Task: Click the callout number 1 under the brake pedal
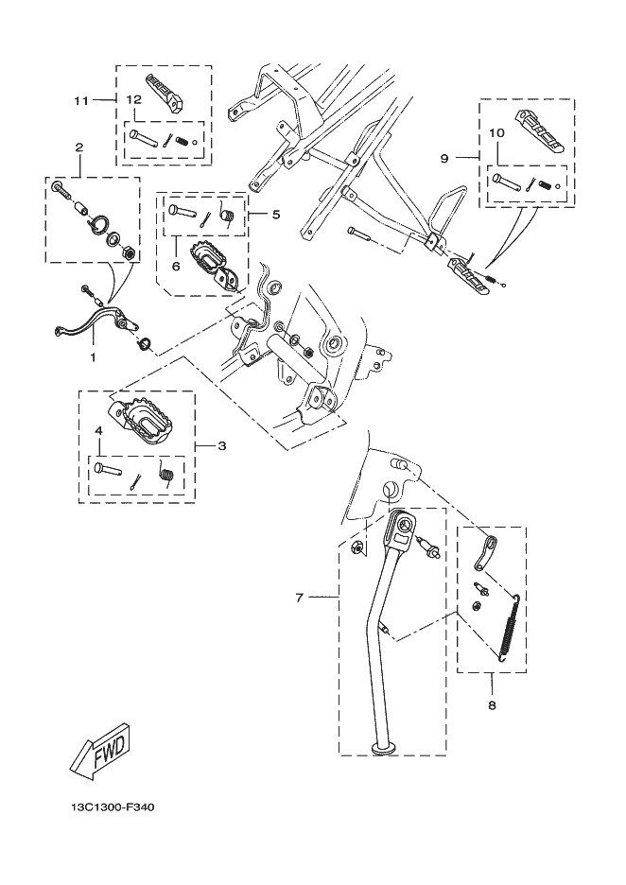(94, 356)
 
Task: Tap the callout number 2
(79, 147)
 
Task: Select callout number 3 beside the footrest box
(222, 446)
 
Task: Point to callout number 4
(98, 430)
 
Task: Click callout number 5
(276, 215)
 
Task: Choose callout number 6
(176, 266)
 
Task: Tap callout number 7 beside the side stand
(300, 597)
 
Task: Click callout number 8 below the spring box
(492, 705)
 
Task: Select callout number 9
(444, 159)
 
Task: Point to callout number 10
(496, 133)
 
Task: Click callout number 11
(82, 100)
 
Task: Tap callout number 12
(133, 99)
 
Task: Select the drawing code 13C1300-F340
(113, 807)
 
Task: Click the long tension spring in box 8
(511, 628)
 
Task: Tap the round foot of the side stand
(384, 749)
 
